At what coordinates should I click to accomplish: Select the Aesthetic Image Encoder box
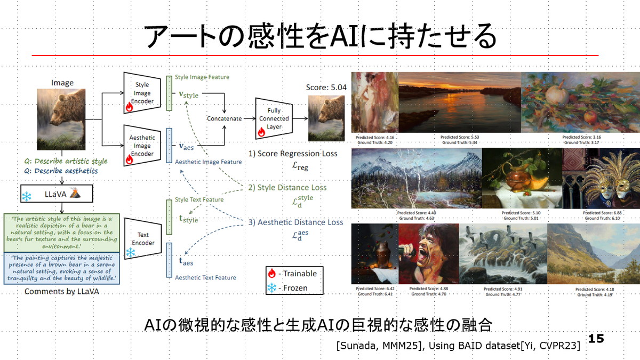pyautogui.click(x=142, y=146)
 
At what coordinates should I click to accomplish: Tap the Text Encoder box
pyautogui.click(x=142, y=238)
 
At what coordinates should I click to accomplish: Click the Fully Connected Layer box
pyautogui.click(x=274, y=118)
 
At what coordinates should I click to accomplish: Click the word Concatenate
pyautogui.click(x=223, y=118)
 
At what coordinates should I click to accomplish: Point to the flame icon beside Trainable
pyautogui.click(x=272, y=274)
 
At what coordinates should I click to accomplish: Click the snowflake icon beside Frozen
pyautogui.click(x=272, y=288)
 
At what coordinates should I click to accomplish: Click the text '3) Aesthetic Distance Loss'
pyautogui.click(x=295, y=222)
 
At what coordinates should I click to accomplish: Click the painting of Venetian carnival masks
pyautogui.click(x=601, y=178)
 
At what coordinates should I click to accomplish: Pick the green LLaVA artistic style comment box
pyautogui.click(x=63, y=233)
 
